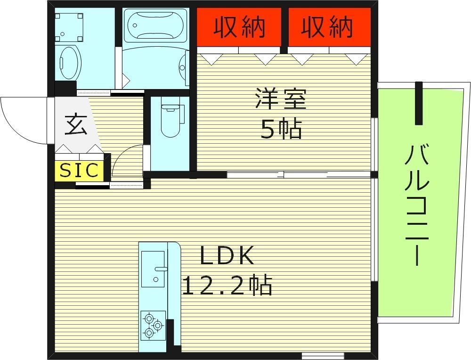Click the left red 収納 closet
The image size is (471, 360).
coord(239,27)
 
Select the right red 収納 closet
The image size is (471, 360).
coord(328,27)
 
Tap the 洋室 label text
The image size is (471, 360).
coord(281,99)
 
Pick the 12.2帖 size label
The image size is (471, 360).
coord(227,285)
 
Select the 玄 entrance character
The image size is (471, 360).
coord(76,125)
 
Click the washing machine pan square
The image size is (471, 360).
coord(69,26)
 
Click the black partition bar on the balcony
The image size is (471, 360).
coord(418,103)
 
